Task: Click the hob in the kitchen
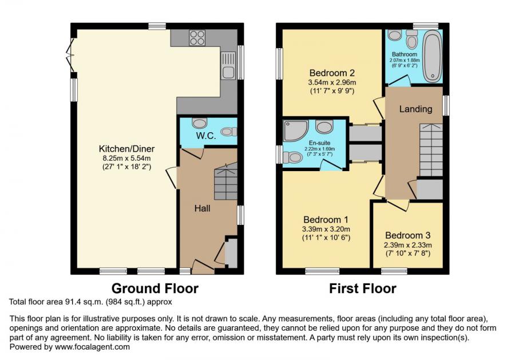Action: (197, 38)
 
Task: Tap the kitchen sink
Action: (228, 65)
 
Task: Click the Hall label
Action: (202, 208)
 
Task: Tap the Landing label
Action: (415, 109)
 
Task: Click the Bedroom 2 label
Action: (332, 73)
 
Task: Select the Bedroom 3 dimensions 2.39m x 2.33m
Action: (407, 244)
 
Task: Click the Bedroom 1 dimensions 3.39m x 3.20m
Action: (326, 229)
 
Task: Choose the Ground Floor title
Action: (154, 288)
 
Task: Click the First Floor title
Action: (362, 288)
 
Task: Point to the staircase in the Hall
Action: (225, 182)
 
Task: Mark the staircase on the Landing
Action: (430, 150)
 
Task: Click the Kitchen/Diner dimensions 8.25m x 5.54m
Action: (126, 158)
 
